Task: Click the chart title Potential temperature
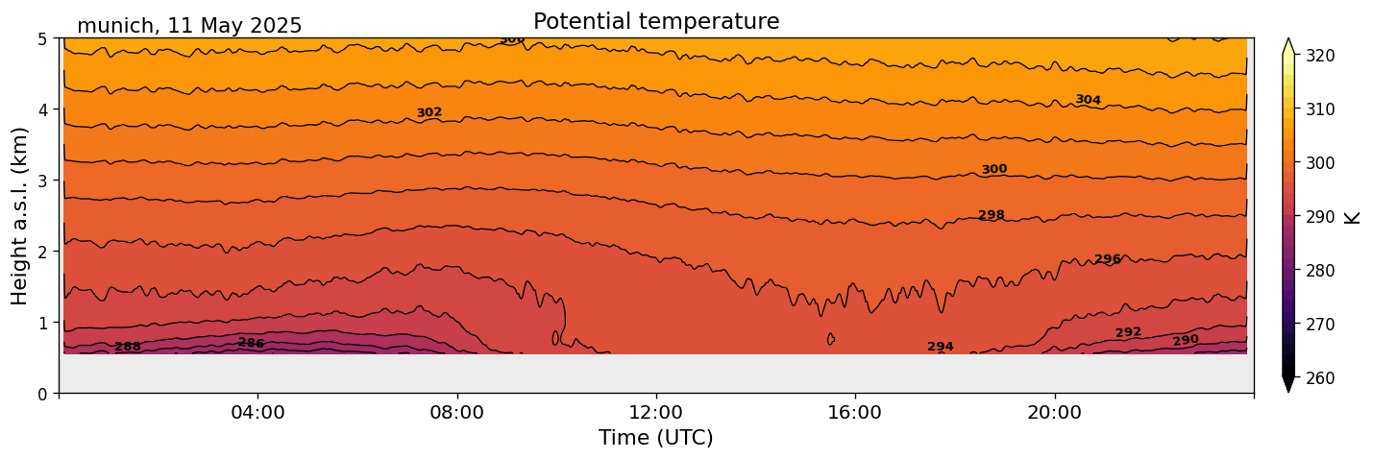[656, 22]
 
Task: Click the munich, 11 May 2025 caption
[189, 26]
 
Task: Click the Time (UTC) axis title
[656, 438]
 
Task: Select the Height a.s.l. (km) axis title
[20, 216]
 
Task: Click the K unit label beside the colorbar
[1353, 217]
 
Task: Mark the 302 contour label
[429, 113]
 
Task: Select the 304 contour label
[1088, 100]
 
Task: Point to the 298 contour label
[992, 215]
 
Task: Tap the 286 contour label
[251, 343]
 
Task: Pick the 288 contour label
[128, 347]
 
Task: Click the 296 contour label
[1108, 259]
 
